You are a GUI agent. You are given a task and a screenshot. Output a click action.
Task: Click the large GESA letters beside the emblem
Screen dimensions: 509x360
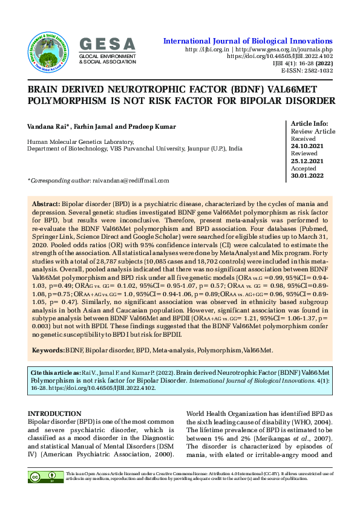(108, 44)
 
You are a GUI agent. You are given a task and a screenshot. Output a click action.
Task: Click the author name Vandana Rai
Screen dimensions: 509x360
(49, 126)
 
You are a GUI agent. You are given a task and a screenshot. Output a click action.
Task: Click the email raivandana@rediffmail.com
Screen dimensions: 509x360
(130, 180)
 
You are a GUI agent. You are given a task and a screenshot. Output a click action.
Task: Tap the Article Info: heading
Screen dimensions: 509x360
(310, 123)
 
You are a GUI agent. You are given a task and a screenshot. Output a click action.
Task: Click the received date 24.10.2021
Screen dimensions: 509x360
(307, 146)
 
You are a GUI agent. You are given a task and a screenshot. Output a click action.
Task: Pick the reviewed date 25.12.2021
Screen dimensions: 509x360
(307, 161)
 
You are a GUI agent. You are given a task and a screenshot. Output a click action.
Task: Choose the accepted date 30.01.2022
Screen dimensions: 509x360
(307, 176)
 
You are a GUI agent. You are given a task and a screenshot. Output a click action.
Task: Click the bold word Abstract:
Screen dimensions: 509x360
(46, 206)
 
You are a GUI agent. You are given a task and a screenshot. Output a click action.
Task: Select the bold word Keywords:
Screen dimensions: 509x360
(48, 349)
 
